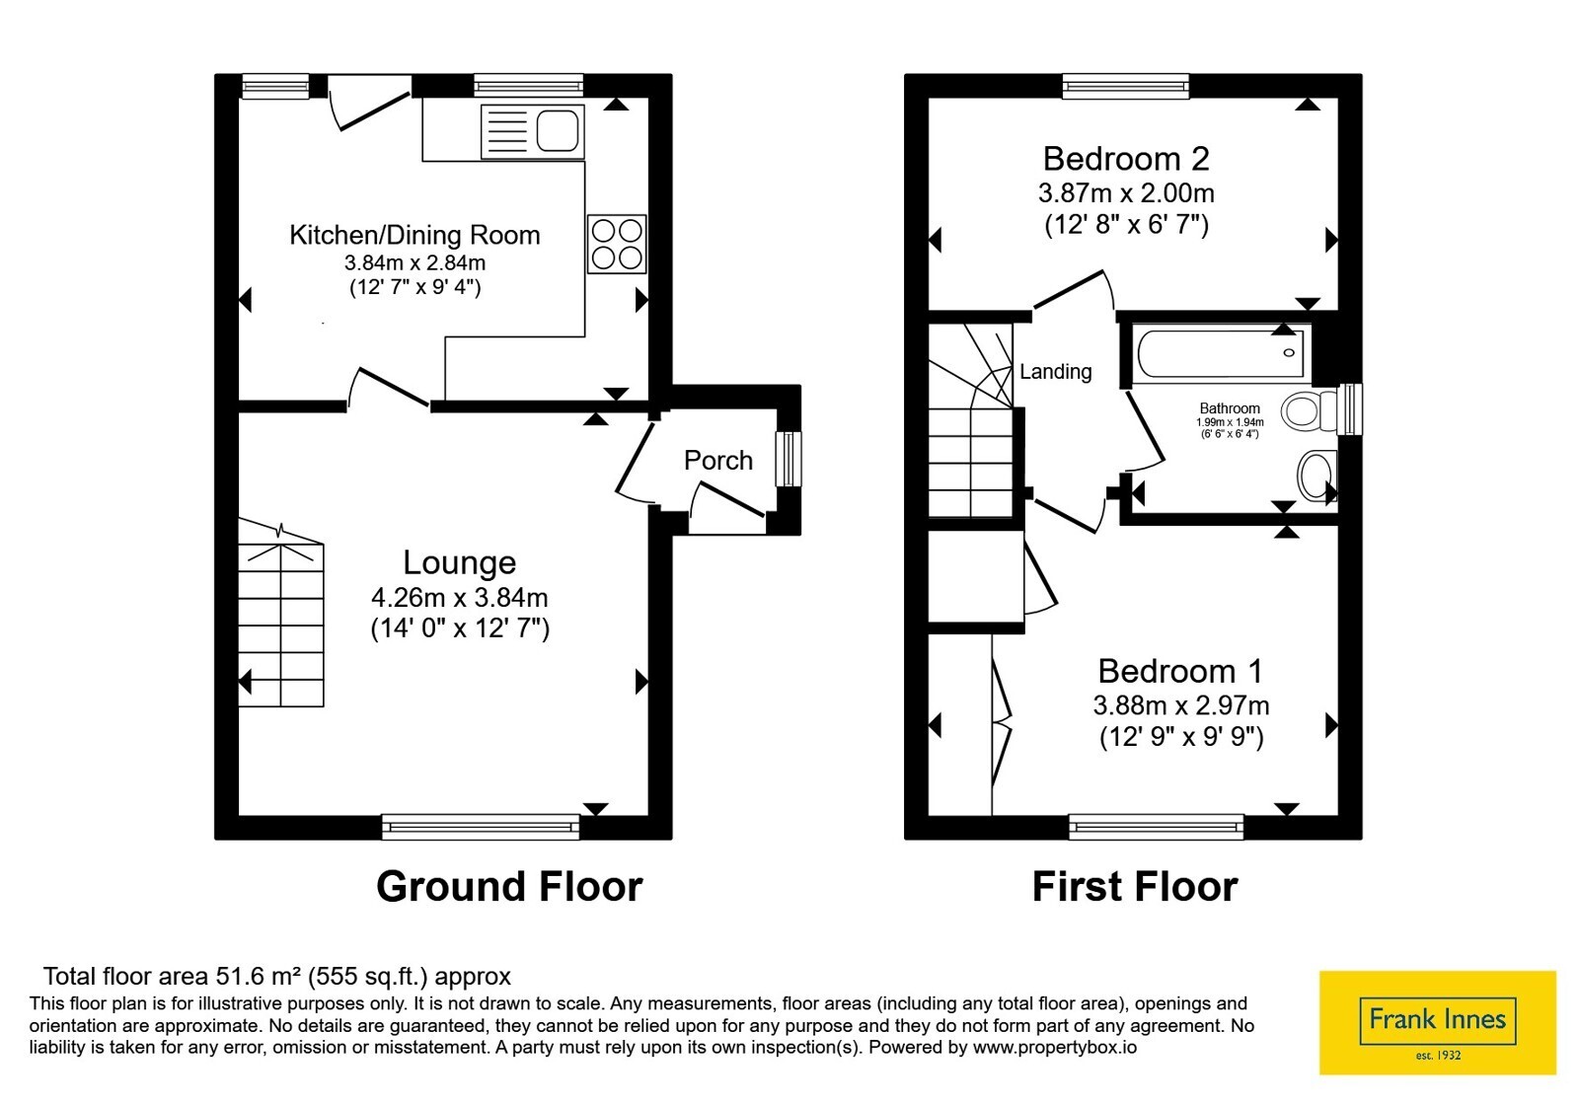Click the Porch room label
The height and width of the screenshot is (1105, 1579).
point(718,460)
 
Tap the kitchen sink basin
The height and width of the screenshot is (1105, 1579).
point(558,131)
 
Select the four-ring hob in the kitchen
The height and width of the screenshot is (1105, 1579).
point(618,244)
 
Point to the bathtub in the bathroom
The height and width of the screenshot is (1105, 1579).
point(1221,354)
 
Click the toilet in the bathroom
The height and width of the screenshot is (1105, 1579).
point(1309,411)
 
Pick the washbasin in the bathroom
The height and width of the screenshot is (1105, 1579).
point(1317,476)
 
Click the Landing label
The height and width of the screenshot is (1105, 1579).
point(1055,371)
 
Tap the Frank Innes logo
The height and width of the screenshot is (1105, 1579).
point(1437,1022)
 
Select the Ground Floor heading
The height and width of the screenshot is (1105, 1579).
point(509,887)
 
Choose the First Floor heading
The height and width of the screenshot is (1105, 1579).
point(1135,887)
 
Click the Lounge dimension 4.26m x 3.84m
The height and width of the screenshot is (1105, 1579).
point(460,598)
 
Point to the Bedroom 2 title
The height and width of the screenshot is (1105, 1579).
point(1126,159)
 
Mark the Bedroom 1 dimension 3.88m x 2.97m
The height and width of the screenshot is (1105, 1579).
point(1181,704)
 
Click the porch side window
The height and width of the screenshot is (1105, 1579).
point(789,459)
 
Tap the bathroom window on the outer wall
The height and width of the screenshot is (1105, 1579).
point(1350,408)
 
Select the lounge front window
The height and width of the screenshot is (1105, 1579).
point(481,827)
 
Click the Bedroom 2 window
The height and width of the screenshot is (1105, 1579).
point(1126,86)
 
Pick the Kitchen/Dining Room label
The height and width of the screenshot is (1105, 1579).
point(414,235)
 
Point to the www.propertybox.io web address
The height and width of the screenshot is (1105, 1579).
point(1055,1047)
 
